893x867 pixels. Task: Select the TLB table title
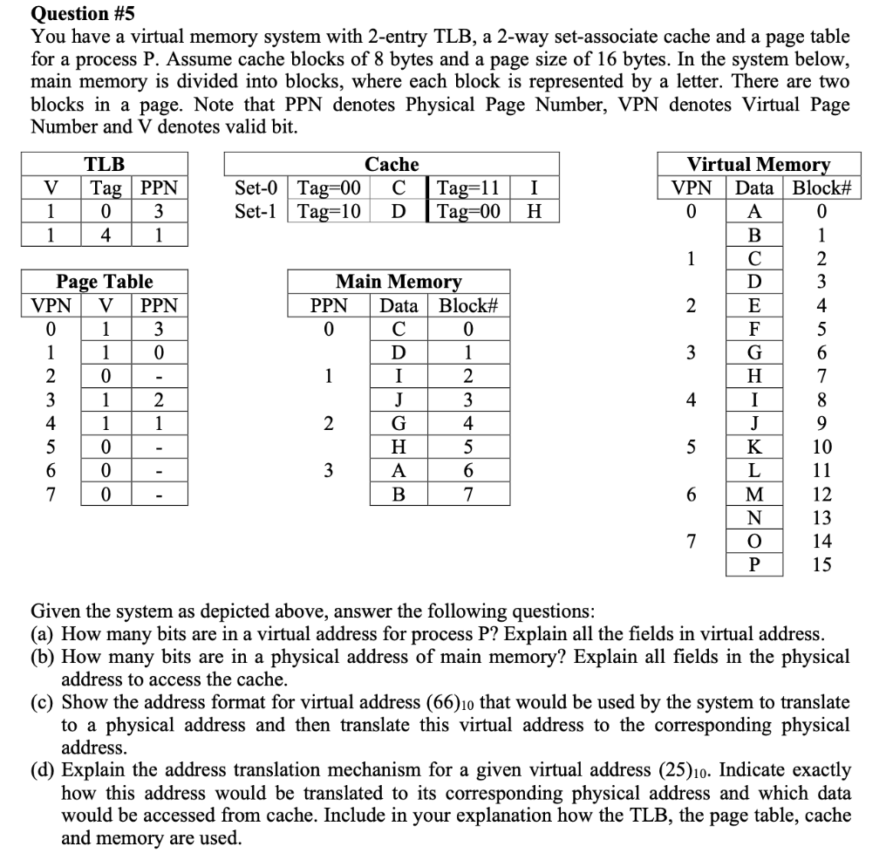coord(104,164)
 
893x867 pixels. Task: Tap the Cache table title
coord(392,164)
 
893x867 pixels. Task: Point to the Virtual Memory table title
coord(759,164)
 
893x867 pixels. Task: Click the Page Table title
coord(104,282)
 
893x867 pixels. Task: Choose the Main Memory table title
coord(399,282)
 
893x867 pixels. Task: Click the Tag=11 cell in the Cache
coord(467,188)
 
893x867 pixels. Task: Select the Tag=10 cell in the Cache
coord(329,211)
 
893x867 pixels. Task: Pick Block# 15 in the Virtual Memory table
coord(821,565)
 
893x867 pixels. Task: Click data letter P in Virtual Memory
coord(755,565)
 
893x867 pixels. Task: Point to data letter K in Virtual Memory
coord(755,447)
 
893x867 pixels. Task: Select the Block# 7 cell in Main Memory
coord(467,495)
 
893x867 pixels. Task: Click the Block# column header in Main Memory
coord(467,305)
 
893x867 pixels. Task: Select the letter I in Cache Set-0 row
coord(534,188)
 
